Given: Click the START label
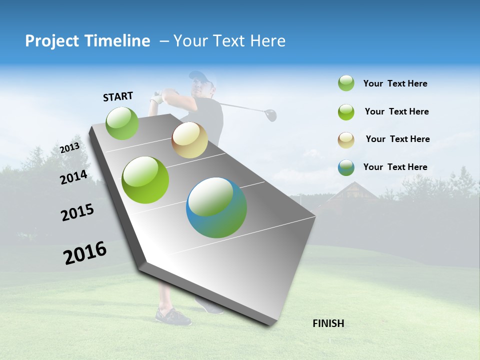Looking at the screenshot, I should point(118,96).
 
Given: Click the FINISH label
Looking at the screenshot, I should point(328,323).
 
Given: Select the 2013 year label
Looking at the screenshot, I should point(69,147).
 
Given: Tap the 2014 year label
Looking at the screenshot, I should point(73,177).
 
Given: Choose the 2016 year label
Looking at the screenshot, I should point(85,253).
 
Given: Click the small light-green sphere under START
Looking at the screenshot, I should point(122,123).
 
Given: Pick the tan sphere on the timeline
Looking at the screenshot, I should point(189,140).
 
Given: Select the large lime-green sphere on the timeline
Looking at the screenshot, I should point(145,180).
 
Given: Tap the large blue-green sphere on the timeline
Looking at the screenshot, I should point(216,207).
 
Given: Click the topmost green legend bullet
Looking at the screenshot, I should point(346,83).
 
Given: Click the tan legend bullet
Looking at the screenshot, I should point(346,139).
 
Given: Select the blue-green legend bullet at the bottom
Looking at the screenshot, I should point(346,167).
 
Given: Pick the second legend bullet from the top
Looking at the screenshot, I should point(346,112).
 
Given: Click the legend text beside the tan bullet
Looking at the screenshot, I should point(397,139).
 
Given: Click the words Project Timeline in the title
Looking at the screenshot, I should point(87,41).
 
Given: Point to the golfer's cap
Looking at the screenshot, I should point(198,76).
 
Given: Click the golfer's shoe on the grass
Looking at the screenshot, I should point(172,316).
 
